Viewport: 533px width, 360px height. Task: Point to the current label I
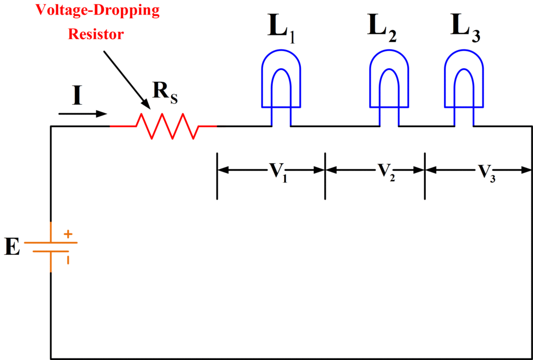tap(77, 96)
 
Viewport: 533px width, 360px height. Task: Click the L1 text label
tap(282, 29)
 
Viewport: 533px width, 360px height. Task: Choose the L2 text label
tap(381, 29)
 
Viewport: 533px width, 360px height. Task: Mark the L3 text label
tap(464, 29)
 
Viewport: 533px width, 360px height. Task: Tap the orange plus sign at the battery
tap(68, 235)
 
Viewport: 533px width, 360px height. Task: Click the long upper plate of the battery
tap(50, 243)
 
